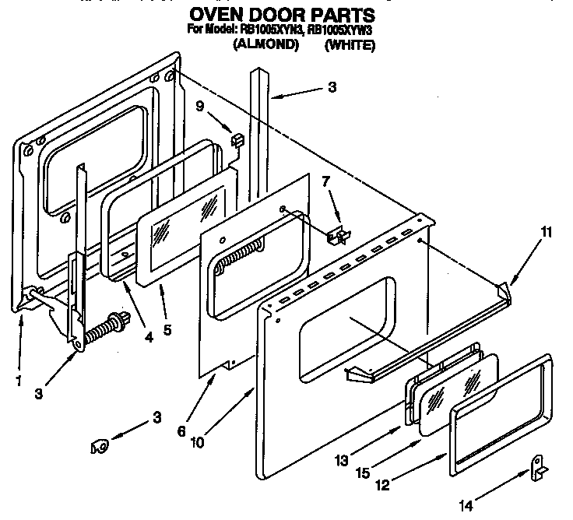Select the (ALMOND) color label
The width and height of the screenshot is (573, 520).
coord(266,45)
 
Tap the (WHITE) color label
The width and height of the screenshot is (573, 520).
coord(350,45)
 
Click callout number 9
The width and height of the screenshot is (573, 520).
coord(200,108)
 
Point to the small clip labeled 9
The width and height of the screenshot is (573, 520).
coord(237,140)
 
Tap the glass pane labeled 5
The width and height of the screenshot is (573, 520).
coord(185,234)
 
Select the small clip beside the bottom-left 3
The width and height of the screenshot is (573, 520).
coord(99,446)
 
